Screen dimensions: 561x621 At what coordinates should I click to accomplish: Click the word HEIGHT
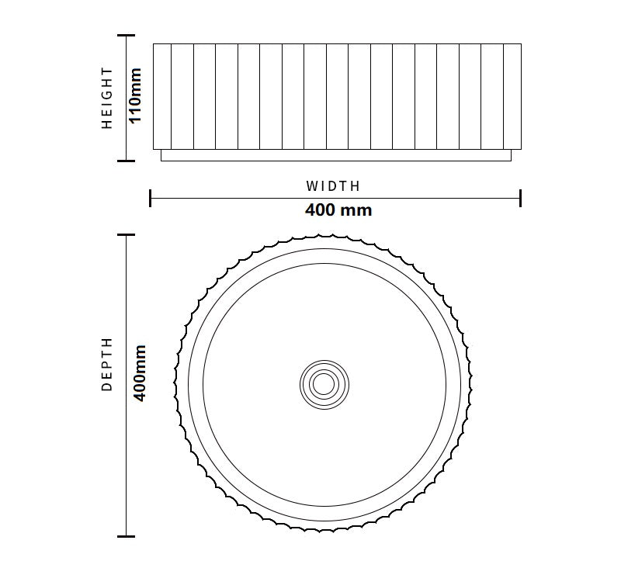click(108, 98)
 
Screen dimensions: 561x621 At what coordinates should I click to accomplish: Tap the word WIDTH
click(333, 186)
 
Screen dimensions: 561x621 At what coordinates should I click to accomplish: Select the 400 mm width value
click(338, 210)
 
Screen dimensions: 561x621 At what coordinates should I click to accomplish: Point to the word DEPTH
click(108, 364)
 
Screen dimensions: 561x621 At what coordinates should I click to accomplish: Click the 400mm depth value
click(141, 373)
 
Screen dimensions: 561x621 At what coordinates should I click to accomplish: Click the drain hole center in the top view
click(324, 383)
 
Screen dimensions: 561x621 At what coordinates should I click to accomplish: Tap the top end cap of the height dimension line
click(126, 35)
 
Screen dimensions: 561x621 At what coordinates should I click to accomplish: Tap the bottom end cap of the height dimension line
click(126, 161)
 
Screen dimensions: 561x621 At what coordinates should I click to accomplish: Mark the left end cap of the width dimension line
click(150, 198)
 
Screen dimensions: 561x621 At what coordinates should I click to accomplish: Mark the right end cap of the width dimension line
click(520, 198)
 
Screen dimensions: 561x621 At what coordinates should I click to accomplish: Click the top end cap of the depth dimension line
click(126, 234)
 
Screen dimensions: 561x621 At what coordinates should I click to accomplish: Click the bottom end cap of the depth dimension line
click(126, 536)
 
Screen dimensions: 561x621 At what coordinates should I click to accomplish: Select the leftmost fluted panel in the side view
click(162, 96)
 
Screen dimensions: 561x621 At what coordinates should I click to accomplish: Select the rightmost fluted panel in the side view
click(512, 96)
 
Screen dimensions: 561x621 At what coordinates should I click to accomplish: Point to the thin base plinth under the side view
click(335, 155)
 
